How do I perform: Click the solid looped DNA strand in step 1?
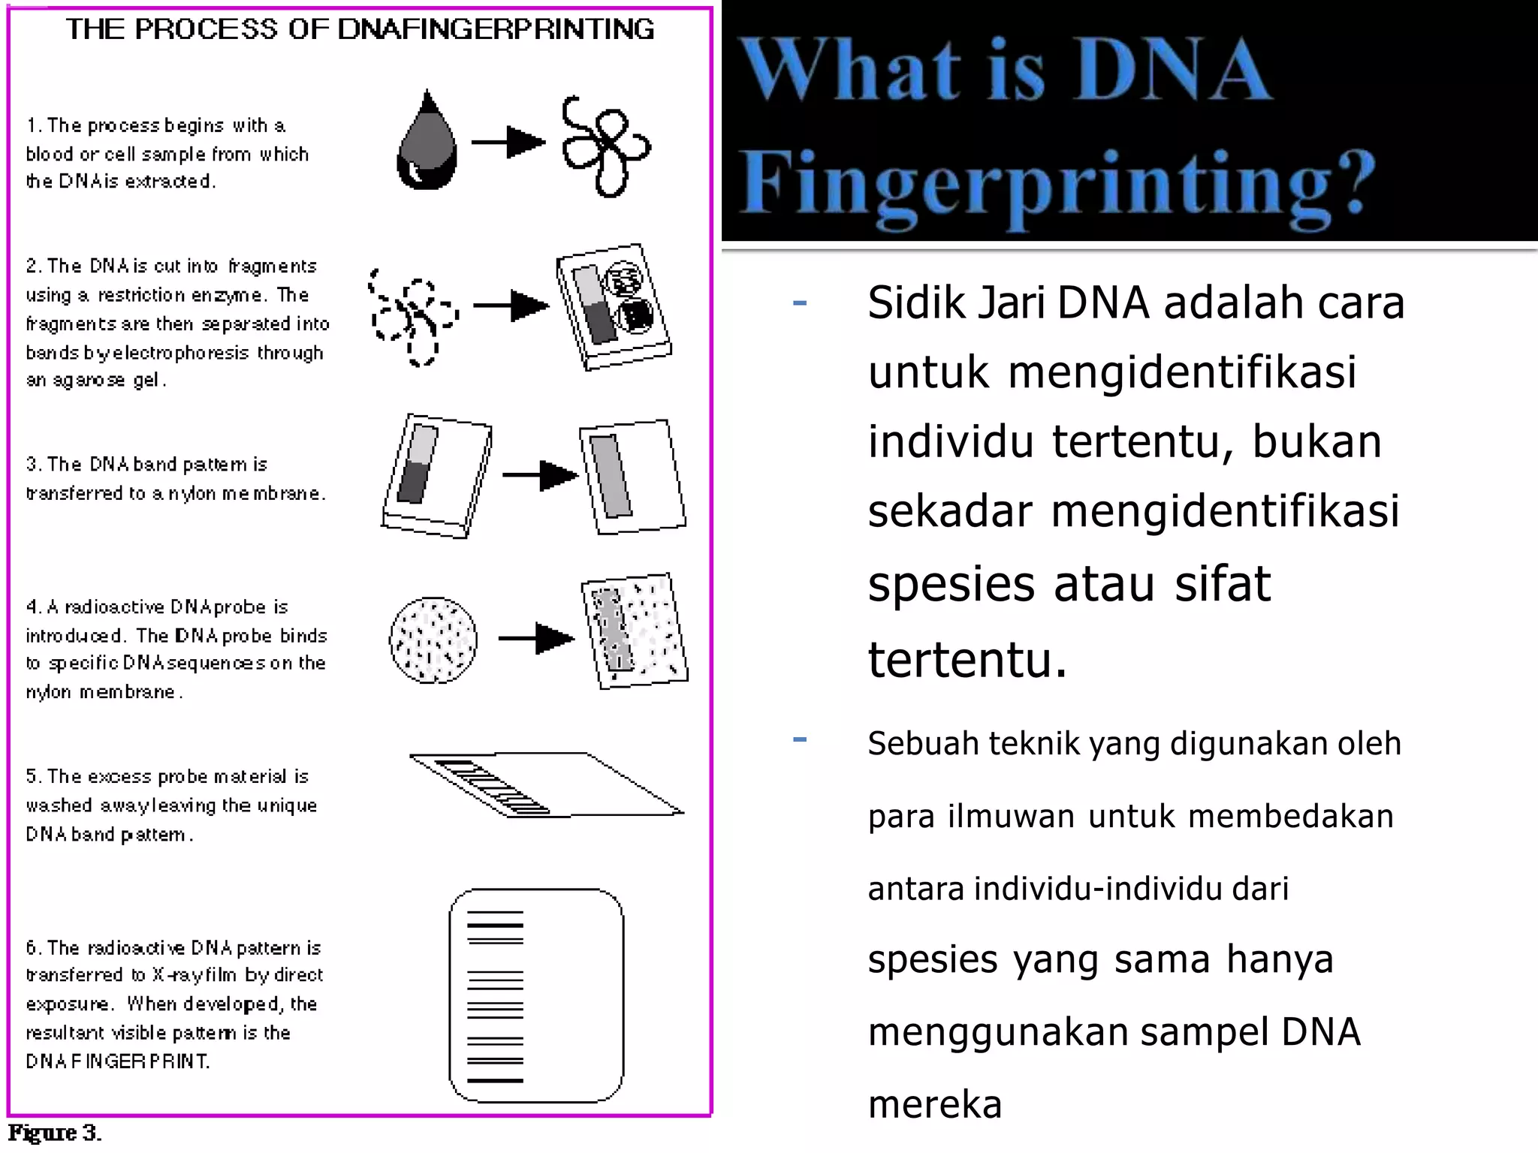pyautogui.click(x=605, y=146)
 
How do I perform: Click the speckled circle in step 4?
pyautogui.click(x=433, y=640)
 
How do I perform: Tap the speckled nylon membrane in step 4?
pyautogui.click(x=635, y=631)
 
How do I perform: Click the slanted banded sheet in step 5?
pyautogui.click(x=544, y=784)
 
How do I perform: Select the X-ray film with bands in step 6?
pyautogui.click(x=536, y=995)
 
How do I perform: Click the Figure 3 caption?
pyautogui.click(x=54, y=1133)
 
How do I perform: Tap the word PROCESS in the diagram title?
pyautogui.click(x=206, y=29)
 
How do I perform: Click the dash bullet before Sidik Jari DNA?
pyautogui.click(x=800, y=303)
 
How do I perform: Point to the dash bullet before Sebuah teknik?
pyautogui.click(x=800, y=740)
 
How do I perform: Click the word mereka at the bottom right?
pyautogui.click(x=935, y=1104)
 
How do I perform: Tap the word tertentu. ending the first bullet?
pyautogui.click(x=967, y=660)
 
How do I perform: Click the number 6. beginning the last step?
pyautogui.click(x=34, y=948)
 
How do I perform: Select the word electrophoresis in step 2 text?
pyautogui.click(x=181, y=353)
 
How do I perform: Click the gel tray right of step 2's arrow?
pyautogui.click(x=613, y=306)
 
